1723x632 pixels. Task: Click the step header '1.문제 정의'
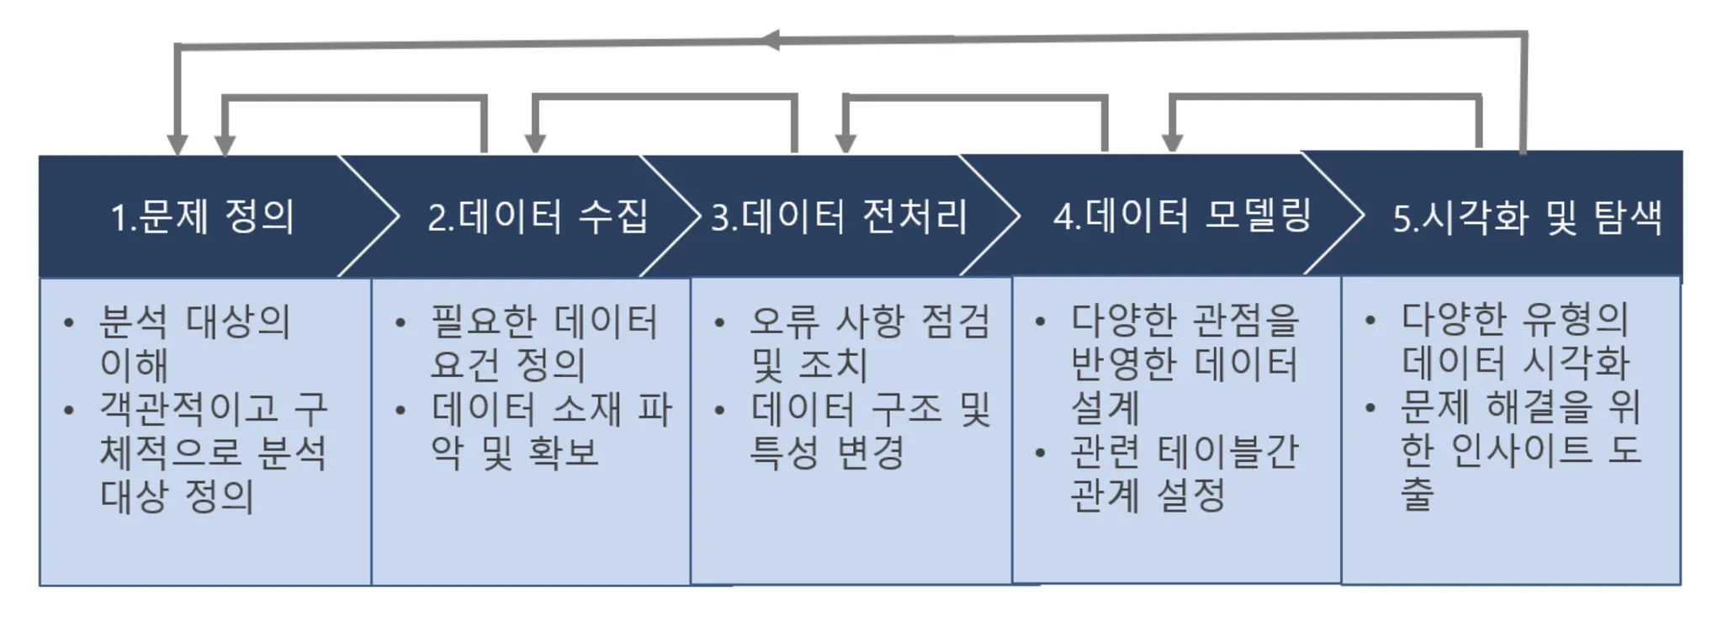click(203, 216)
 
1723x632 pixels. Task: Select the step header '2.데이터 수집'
click(538, 216)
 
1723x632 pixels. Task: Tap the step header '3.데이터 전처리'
click(839, 216)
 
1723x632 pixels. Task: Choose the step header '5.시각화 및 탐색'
click(1527, 217)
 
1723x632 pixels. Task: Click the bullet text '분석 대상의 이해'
click(194, 343)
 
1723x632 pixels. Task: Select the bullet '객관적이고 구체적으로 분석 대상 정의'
click(212, 452)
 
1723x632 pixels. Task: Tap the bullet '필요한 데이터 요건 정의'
click(543, 343)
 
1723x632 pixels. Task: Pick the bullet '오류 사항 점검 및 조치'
click(869, 343)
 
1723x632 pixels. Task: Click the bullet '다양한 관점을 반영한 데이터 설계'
click(1185, 364)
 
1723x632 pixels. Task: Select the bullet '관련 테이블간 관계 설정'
click(1185, 474)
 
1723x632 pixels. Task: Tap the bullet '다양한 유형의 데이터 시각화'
click(1515, 342)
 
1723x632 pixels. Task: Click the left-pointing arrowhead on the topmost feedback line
click(771, 40)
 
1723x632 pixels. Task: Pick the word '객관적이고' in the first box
click(188, 409)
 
